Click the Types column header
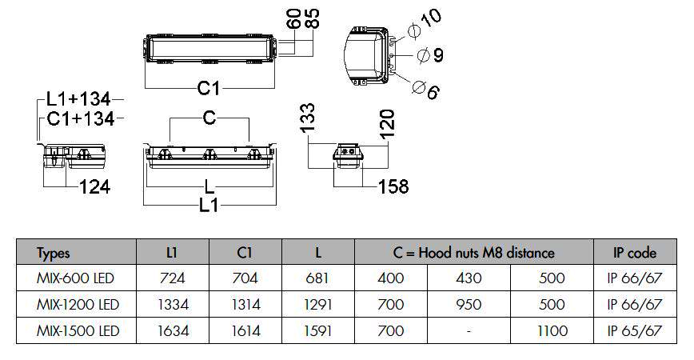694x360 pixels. tap(54, 253)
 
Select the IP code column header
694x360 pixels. tap(634, 253)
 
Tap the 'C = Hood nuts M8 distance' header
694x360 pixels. tap(473, 253)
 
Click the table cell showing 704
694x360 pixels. tap(245, 278)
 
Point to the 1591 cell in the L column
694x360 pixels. tap(317, 330)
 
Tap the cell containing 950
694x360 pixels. tap(469, 304)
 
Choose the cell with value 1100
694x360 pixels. tap(552, 330)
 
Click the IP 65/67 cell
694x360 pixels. tap(634, 330)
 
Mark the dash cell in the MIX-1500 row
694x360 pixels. tap(469, 330)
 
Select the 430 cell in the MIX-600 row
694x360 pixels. tap(469, 278)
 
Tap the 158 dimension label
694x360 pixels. tap(392, 186)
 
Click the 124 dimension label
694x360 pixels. tap(94, 187)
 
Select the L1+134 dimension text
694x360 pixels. tap(75, 99)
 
